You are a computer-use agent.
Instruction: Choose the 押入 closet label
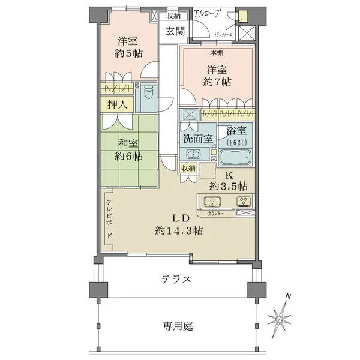point(117,104)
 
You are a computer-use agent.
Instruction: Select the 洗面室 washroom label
point(197,137)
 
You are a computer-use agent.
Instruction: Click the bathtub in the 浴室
point(236,158)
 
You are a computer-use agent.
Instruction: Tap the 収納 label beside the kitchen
point(188,168)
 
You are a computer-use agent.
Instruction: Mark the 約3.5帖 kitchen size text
point(231,185)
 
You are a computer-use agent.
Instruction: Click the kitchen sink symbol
point(211,201)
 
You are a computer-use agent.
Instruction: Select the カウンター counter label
point(217,213)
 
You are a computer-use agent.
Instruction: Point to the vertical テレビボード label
point(109,219)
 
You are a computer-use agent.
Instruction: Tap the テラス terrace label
point(176,280)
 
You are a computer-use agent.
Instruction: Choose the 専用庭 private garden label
point(176,327)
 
